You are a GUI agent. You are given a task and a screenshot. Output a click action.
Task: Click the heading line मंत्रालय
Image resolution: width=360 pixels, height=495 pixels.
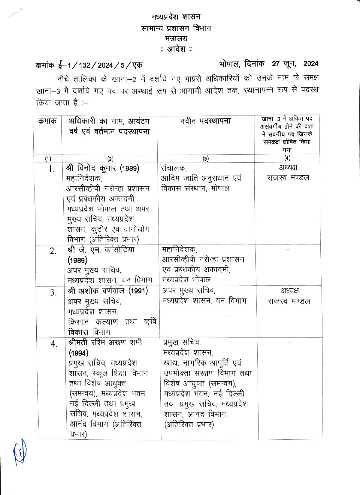[x=176, y=39]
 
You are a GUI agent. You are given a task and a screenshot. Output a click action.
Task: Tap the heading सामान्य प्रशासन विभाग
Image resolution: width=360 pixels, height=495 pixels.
[x=176, y=28]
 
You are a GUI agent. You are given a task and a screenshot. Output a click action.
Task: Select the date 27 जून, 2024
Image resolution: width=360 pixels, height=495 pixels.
[x=295, y=64]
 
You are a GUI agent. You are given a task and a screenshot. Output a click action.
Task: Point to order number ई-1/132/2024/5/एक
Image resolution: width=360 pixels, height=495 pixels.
[x=89, y=65]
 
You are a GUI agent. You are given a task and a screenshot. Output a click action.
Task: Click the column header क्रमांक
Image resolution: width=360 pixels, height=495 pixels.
[x=47, y=121]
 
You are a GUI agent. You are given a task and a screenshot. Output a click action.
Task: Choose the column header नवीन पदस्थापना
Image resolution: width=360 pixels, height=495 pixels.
[x=205, y=121]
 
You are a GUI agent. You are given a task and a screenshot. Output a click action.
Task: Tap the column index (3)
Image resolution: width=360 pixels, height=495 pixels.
[x=206, y=159]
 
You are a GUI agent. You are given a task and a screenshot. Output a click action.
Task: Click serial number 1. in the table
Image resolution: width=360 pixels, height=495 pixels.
[x=52, y=170]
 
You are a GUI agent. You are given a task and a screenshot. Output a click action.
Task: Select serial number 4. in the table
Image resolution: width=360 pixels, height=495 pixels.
[x=54, y=344]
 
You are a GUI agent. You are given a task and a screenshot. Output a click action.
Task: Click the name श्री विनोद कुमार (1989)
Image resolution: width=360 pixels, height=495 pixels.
[x=103, y=168]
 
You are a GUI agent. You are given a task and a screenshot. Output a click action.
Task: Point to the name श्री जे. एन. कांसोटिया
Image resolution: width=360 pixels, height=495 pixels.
[x=101, y=250]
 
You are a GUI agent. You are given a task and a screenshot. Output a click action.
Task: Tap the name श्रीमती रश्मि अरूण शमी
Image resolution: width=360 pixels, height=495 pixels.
[x=105, y=343]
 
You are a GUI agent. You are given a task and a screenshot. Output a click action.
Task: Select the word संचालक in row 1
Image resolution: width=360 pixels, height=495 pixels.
[x=174, y=168]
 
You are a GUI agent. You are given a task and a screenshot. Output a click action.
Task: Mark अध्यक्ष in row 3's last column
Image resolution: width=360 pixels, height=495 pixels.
[x=289, y=291]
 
